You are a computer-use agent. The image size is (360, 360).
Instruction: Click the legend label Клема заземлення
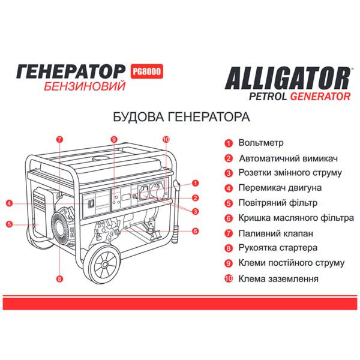click(x=278, y=278)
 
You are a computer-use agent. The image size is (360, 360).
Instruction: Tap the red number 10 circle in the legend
click(x=228, y=278)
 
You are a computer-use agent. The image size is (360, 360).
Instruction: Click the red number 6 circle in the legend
click(x=228, y=218)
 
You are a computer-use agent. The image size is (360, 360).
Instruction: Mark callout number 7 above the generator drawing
click(x=59, y=139)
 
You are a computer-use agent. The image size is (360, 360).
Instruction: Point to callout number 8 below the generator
click(x=59, y=279)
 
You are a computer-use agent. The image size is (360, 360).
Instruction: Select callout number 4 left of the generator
click(x=10, y=203)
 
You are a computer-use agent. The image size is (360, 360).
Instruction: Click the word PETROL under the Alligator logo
click(x=268, y=95)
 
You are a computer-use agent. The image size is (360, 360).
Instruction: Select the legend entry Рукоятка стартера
click(x=278, y=248)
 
